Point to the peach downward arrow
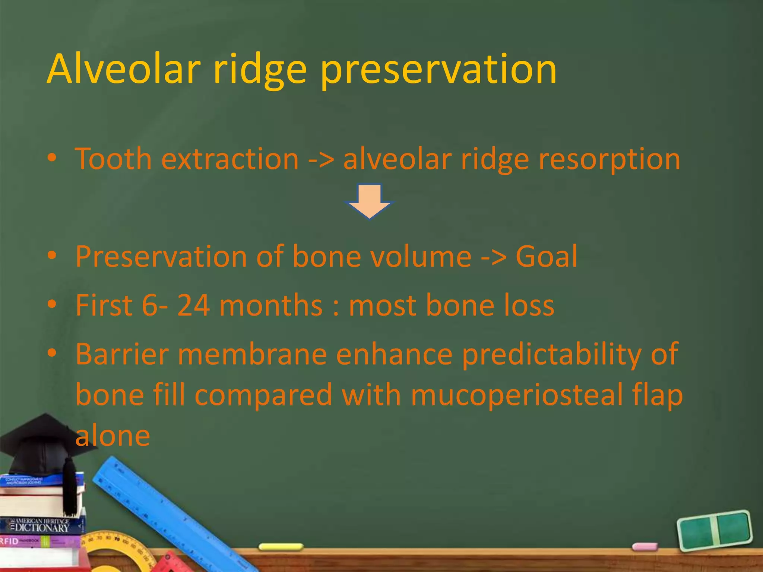(369, 201)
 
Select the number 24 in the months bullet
(193, 305)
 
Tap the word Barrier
(122, 354)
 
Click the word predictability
(551, 355)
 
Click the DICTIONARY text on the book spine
(42, 528)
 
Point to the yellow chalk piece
(281, 547)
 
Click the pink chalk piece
(645, 547)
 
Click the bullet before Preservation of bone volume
(52, 256)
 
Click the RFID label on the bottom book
(9, 541)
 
